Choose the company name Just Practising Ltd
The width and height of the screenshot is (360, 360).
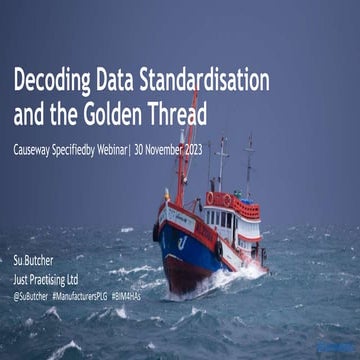click(53, 281)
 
